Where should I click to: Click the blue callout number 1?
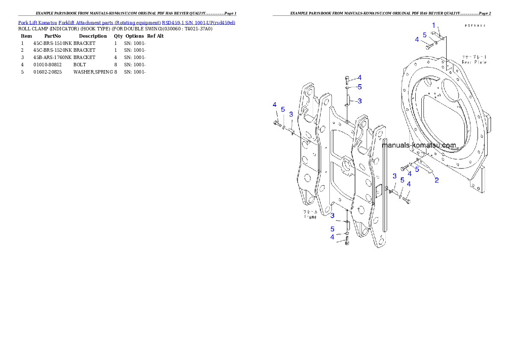point(433,25)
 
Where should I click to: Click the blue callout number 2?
point(436,180)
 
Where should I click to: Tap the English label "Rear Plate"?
point(474,62)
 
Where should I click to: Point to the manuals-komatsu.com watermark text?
point(419,145)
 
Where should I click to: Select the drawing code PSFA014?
point(475,26)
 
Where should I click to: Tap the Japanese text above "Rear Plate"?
point(474,56)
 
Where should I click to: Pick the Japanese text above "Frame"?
point(311,212)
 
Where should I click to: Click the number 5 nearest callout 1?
point(425,35)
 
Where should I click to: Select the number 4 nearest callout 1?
point(417,40)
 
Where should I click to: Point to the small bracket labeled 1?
point(437,35)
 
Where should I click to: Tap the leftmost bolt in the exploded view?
point(277,124)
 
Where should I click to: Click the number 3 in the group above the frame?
point(360,101)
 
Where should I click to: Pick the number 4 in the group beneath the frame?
point(332,237)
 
